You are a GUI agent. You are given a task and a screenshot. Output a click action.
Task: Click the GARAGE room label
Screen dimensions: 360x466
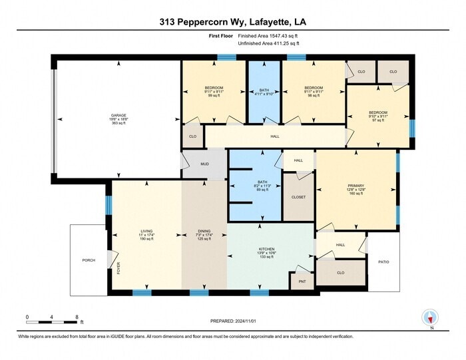click(x=118, y=115)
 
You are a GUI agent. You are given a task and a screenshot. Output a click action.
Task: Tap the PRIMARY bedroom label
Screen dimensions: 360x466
click(x=356, y=186)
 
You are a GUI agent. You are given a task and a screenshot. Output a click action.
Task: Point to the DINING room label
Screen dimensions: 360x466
click(x=204, y=230)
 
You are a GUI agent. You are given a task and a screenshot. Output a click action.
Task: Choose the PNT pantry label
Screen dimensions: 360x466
click(x=302, y=281)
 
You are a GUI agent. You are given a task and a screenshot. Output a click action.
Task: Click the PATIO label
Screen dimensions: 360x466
click(x=383, y=262)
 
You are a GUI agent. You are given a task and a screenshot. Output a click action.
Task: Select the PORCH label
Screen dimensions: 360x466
click(x=88, y=260)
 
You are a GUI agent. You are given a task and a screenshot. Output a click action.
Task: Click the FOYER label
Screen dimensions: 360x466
click(x=119, y=269)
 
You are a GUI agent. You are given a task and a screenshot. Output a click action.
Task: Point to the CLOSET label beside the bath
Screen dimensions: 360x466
click(x=299, y=198)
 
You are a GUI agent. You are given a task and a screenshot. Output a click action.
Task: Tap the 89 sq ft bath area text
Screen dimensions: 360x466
click(x=262, y=190)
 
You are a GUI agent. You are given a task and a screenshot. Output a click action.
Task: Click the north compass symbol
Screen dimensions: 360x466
click(x=430, y=318)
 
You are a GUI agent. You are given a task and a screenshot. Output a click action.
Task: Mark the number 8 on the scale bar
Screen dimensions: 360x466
click(x=77, y=317)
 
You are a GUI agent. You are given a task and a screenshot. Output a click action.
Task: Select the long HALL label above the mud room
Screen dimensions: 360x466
click(x=275, y=136)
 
